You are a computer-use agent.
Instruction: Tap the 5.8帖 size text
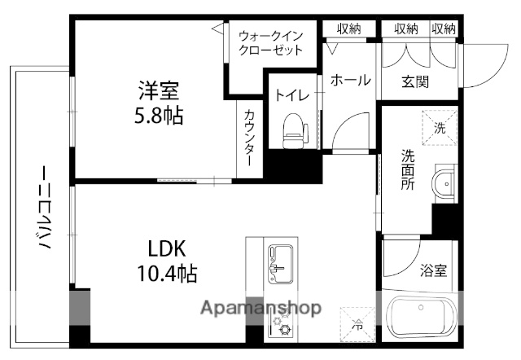(x=158, y=115)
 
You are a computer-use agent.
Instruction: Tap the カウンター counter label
(x=250, y=138)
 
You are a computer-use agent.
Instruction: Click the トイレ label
(x=291, y=95)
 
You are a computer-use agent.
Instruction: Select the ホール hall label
(x=350, y=80)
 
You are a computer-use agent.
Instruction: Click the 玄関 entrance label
(x=415, y=81)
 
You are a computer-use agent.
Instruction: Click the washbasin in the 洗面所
(x=446, y=183)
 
